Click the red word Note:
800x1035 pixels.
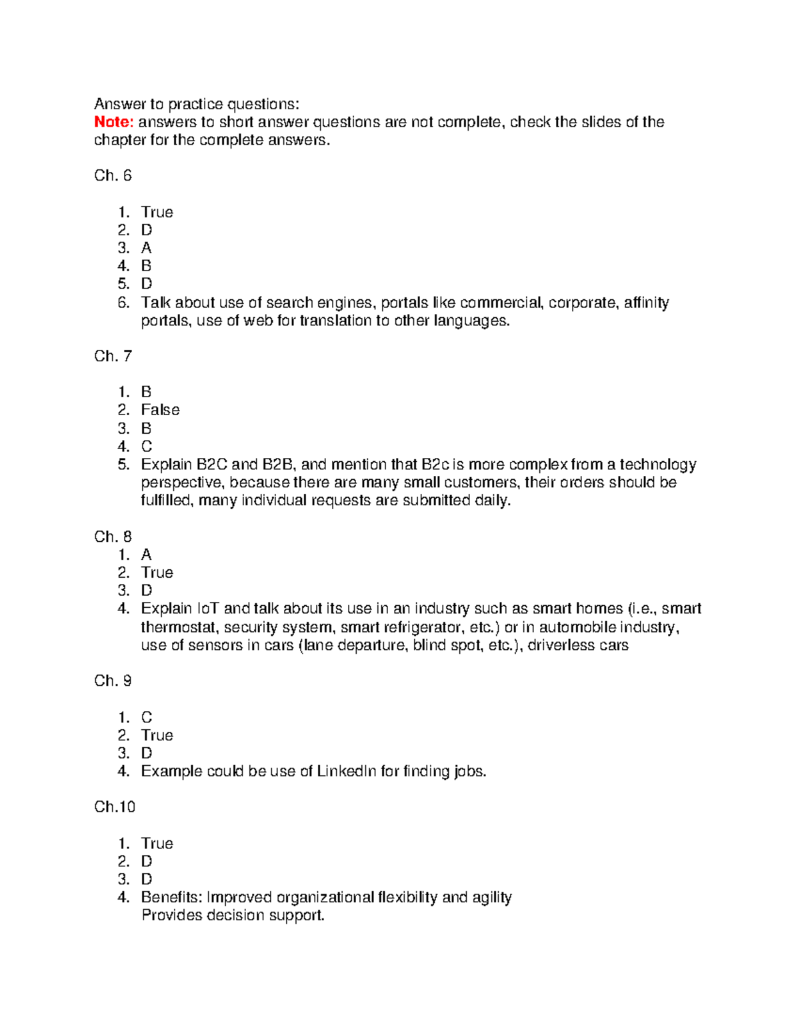tap(114, 122)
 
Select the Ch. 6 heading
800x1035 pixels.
tap(113, 176)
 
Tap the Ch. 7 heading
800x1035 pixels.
tap(113, 356)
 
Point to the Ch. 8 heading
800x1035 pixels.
tap(113, 536)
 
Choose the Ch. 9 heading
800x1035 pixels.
tap(113, 680)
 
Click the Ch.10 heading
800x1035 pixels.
tap(115, 807)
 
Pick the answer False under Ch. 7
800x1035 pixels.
tap(160, 410)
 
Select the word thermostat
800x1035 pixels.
tap(179, 627)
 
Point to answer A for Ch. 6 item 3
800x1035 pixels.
tap(146, 248)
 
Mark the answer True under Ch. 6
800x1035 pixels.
tap(157, 212)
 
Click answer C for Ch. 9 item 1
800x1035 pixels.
tap(147, 717)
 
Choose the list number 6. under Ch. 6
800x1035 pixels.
tap(123, 303)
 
